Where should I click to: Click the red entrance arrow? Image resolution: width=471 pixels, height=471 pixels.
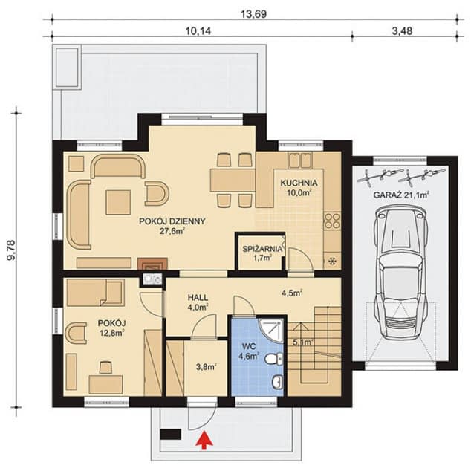205,440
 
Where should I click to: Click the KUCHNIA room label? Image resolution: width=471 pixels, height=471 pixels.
299,183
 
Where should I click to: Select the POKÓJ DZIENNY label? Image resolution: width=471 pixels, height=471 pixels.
172,221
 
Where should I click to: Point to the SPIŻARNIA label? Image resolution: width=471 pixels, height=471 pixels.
262,249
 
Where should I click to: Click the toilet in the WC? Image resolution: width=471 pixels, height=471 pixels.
273,359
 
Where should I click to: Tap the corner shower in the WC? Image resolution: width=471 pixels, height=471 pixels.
272,331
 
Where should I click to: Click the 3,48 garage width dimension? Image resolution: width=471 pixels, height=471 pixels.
402,30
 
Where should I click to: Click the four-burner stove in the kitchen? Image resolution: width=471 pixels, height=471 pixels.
332,221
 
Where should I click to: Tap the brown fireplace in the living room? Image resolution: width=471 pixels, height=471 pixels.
152,264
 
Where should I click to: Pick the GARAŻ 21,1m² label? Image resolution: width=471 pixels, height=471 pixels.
400,195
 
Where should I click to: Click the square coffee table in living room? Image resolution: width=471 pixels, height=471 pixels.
118,202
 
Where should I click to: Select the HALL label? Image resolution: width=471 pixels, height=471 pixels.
198,298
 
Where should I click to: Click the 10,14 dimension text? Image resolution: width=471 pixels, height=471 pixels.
198,31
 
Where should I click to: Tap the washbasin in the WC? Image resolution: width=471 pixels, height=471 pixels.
277,382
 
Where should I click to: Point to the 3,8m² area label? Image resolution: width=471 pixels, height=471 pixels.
207,367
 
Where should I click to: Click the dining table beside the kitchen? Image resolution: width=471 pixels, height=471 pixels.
233,180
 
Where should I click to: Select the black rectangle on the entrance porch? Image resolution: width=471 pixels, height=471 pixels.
170,435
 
